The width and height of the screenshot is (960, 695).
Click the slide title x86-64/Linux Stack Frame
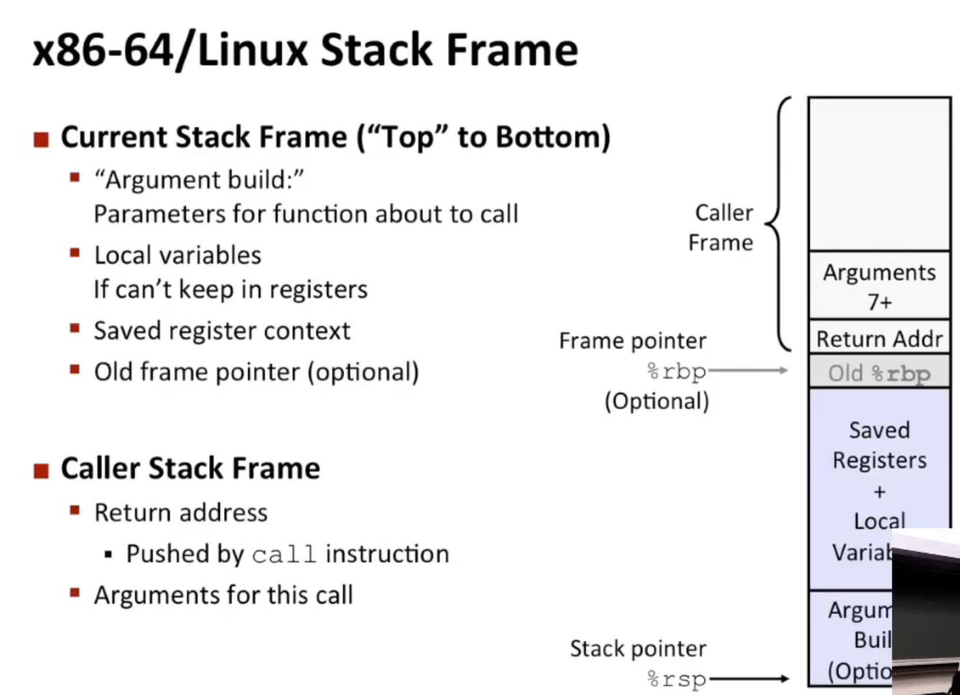[305, 51]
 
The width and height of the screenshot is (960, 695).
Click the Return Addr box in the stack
[879, 338]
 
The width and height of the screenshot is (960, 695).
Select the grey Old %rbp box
[879, 372]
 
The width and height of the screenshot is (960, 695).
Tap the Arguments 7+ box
[879, 286]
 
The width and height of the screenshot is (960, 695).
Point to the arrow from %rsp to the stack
[750, 679]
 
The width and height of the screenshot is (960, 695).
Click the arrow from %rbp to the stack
[748, 371]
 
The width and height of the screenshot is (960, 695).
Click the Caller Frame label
[722, 228]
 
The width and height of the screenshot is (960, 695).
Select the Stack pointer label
[638, 649]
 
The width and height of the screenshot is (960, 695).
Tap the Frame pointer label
[633, 340]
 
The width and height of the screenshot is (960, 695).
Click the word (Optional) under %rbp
[657, 401]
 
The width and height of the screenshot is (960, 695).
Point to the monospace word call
[284, 554]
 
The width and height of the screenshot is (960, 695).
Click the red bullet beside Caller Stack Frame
[42, 470]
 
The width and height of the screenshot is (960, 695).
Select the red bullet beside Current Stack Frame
[42, 139]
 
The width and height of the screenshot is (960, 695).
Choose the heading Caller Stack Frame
[191, 469]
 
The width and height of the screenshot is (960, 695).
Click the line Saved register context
[222, 331]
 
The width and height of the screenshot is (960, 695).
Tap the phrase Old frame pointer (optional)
[256, 372]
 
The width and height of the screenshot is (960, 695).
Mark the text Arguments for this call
[223, 595]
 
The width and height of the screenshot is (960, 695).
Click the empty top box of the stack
[879, 174]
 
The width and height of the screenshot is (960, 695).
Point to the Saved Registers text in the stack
[879, 445]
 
